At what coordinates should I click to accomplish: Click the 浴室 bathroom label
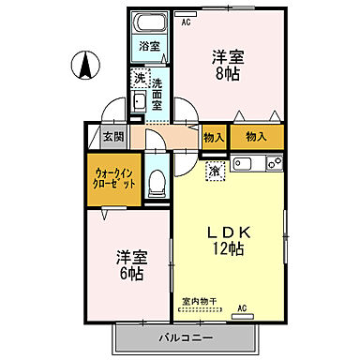click(x=149, y=45)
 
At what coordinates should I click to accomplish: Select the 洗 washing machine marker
click(x=140, y=77)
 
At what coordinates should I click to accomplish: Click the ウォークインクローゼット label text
click(x=115, y=178)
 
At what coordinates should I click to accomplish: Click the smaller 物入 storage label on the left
click(x=214, y=137)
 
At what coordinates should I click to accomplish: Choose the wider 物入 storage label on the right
click(x=257, y=137)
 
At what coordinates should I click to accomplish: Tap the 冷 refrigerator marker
click(x=217, y=171)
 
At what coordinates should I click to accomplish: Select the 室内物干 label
click(x=199, y=301)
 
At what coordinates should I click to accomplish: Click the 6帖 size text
click(x=130, y=265)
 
